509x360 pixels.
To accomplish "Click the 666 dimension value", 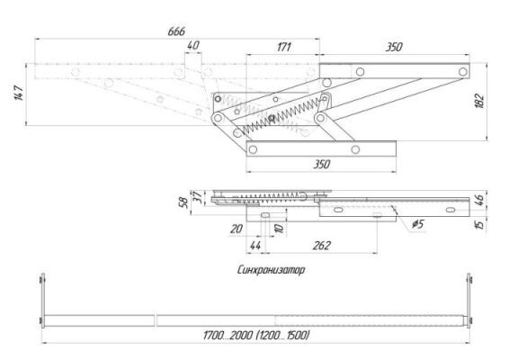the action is point(176,31).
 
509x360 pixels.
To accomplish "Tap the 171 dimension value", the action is point(284,47).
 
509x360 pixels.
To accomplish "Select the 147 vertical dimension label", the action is point(19,93).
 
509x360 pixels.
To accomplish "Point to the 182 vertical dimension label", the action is point(479,101).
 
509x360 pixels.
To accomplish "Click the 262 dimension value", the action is point(321,246).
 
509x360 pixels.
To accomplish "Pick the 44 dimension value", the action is point(255,246).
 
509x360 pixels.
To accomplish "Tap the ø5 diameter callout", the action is point(418,224).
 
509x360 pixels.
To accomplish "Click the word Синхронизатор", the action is point(271,270).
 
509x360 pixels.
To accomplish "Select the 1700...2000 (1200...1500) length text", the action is point(256,335).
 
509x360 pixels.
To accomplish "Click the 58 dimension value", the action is point(183,202).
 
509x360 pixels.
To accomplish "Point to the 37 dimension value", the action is point(198,197).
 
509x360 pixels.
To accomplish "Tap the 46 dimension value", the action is point(479,200).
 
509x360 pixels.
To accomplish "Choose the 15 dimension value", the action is point(479,224).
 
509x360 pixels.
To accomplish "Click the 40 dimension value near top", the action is point(193,46).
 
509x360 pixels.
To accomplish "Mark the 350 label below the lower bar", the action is point(321,165).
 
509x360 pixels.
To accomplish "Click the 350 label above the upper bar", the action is point(394,47).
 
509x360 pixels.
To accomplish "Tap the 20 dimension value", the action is point(237,229).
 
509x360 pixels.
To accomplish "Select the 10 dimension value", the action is point(280,228).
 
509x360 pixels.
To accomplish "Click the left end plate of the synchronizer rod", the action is point(42,301).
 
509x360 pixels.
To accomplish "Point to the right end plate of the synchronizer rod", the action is point(469,301).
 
